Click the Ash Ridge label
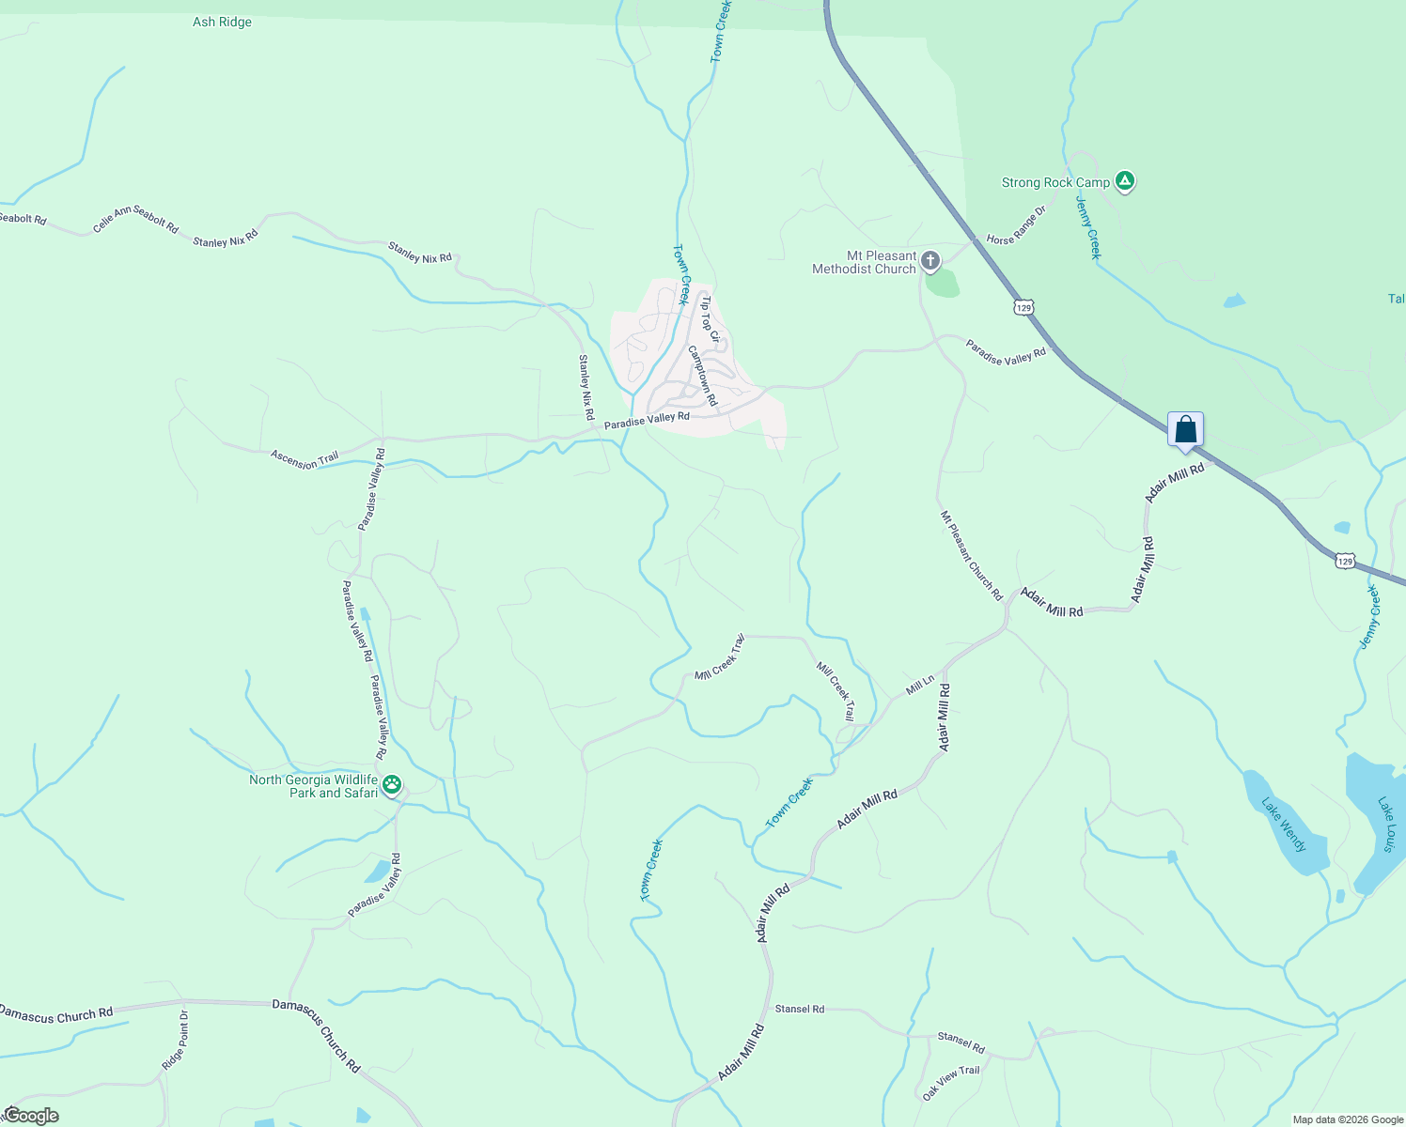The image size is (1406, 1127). [222, 22]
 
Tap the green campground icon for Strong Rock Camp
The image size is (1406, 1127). [1125, 181]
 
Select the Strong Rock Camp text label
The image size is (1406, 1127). [1055, 182]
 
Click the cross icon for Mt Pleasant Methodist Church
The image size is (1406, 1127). [930, 260]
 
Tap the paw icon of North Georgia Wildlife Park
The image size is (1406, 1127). [392, 784]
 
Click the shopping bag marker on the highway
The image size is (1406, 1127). [1186, 430]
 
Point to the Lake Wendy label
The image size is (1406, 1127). [1284, 825]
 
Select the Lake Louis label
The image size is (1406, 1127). [1387, 824]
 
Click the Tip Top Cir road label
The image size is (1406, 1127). [711, 318]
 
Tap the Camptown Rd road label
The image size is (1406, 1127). [702, 375]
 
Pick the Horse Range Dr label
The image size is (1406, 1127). [1016, 226]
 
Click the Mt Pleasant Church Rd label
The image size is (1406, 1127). [972, 555]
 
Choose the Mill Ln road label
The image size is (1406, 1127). [920, 686]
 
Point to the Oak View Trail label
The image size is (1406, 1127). [950, 1083]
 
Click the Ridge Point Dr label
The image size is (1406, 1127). [175, 1040]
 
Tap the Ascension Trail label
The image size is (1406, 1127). [305, 459]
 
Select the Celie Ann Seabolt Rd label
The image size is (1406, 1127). [135, 220]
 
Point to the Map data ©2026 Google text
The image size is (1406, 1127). [1347, 1119]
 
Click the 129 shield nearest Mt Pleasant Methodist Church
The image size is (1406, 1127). [1023, 307]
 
